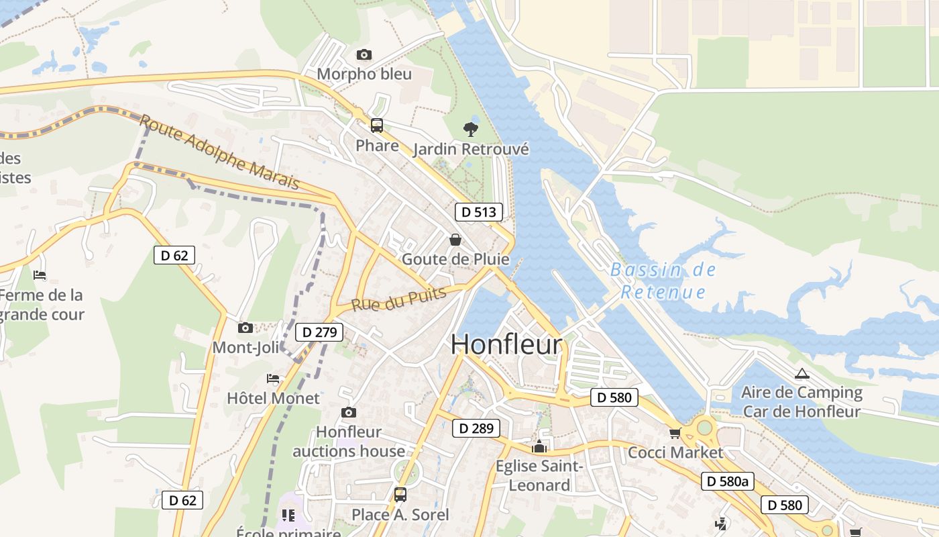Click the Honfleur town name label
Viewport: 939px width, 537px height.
[506, 344]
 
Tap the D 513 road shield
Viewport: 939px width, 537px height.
[479, 212]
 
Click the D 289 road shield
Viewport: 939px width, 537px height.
[476, 428]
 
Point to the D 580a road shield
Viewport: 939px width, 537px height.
[728, 481]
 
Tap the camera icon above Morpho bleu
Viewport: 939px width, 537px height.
[364, 55]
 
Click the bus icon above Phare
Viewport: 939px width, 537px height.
[377, 125]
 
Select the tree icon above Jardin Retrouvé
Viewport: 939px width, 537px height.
[471, 129]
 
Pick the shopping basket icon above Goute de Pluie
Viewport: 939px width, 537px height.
[455, 240]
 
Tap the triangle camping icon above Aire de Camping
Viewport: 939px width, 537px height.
[802, 374]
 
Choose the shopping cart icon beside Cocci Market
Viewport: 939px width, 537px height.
[675, 433]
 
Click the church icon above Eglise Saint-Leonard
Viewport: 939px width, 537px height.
[539, 446]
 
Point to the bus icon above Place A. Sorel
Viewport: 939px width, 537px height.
[400, 495]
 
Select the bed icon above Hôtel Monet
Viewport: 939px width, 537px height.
[273, 379]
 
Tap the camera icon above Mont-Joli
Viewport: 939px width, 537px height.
[245, 328]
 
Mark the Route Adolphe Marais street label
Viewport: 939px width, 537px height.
[219, 152]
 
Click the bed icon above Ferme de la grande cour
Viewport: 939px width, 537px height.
[40, 275]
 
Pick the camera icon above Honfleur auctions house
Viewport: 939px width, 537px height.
[348, 412]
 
